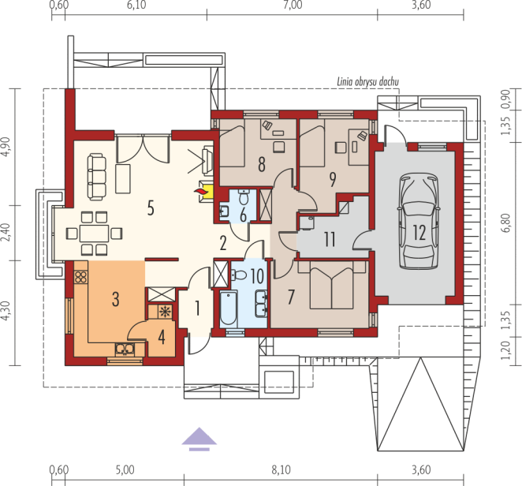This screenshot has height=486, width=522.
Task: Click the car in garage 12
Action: point(419,221)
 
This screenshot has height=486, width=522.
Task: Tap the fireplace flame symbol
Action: point(201,192)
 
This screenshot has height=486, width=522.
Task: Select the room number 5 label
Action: point(151,208)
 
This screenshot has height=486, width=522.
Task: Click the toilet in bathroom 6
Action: point(244,197)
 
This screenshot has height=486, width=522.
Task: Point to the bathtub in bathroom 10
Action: point(229,308)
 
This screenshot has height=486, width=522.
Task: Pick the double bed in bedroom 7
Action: point(332,285)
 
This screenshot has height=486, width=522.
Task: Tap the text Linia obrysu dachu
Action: point(367,82)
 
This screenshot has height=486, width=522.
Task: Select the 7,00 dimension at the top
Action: point(293,5)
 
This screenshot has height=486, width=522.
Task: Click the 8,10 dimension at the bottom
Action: point(281,470)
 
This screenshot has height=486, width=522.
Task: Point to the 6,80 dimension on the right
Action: point(505,222)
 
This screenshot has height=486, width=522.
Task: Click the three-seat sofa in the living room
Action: point(97,177)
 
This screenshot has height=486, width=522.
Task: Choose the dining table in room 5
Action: point(94,234)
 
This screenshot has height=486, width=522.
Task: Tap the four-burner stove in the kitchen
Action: point(81,277)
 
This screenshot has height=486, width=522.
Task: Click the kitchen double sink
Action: point(125,349)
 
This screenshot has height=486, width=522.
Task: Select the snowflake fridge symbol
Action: point(164,312)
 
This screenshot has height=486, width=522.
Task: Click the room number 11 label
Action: point(330,239)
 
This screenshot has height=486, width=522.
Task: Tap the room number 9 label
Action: point(332,180)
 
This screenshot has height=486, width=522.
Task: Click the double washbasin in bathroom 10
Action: point(261,303)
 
